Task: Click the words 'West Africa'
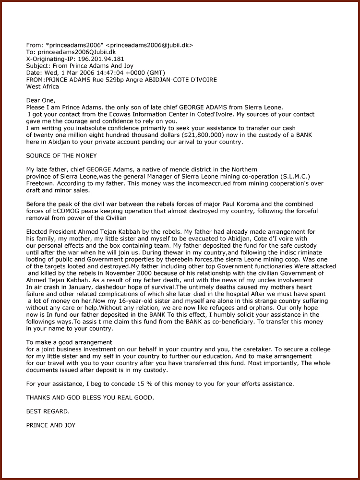tap(43, 87)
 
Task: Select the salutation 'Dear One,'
tap(41, 100)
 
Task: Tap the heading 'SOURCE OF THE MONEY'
tap(61, 156)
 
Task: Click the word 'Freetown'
tap(41, 183)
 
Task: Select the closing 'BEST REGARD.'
tap(48, 411)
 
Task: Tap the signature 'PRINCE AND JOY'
tap(51, 425)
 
